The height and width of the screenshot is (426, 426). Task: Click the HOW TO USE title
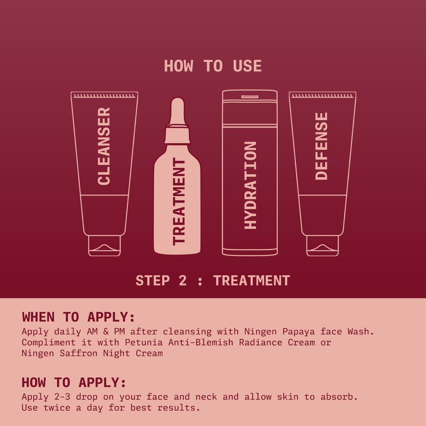click(x=213, y=66)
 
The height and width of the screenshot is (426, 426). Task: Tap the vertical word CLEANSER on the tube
click(x=104, y=146)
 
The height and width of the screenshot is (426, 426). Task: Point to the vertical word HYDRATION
click(x=250, y=185)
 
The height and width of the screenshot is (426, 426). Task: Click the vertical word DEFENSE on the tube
click(x=322, y=146)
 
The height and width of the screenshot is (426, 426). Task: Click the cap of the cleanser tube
click(x=104, y=245)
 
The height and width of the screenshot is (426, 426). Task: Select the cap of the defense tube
click(x=322, y=245)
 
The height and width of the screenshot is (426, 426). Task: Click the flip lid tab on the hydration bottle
click(x=250, y=97)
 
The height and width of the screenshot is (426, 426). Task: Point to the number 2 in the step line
click(x=183, y=280)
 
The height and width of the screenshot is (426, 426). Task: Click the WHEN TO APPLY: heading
click(x=79, y=317)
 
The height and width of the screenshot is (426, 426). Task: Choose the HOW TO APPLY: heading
click(x=74, y=382)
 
